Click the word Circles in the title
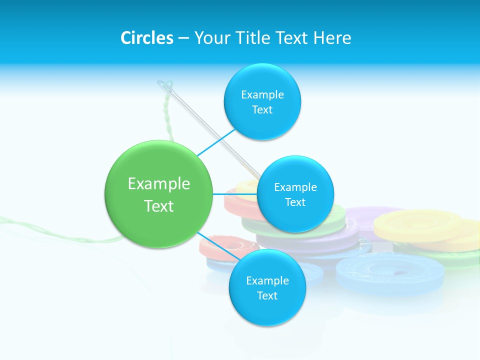tap(146, 38)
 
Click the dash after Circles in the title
tap(183, 38)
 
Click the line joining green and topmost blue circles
tap(216, 143)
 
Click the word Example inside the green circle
tap(159, 184)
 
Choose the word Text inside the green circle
tap(159, 206)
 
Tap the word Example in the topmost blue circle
tap(262, 94)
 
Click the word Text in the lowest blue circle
tap(267, 296)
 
